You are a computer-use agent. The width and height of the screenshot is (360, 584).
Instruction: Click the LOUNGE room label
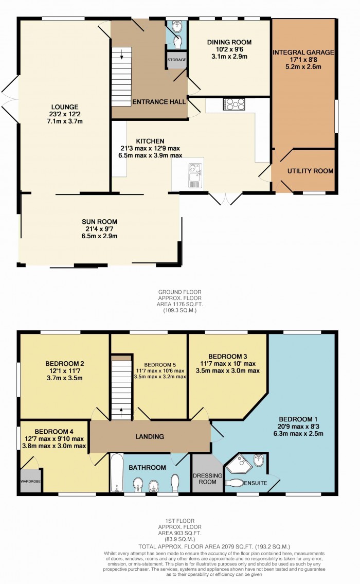tap(64, 106)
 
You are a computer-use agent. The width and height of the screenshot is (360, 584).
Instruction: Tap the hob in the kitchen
tap(234, 104)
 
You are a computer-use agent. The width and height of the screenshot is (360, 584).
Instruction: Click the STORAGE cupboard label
tap(176, 60)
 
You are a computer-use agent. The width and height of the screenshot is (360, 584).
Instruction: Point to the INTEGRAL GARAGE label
tap(303, 52)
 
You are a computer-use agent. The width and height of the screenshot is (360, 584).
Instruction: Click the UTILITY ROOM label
tap(310, 171)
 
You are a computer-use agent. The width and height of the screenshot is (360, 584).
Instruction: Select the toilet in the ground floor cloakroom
tap(178, 40)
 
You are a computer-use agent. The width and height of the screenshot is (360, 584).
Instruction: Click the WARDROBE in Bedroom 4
tap(30, 482)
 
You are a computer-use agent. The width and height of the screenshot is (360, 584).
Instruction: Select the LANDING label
tap(150, 436)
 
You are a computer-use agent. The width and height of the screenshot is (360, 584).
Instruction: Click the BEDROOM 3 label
tap(227, 357)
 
